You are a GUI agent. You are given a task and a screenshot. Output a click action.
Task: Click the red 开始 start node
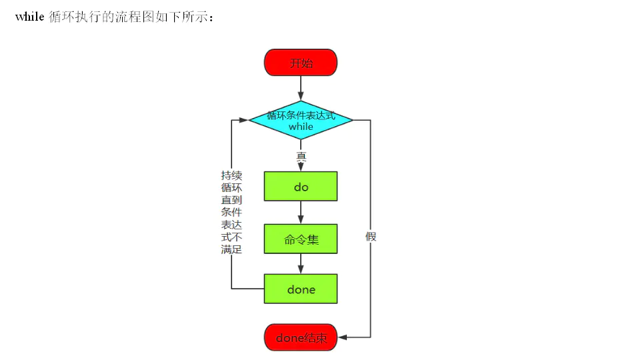(x=301, y=63)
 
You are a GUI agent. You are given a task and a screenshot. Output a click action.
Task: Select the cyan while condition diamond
(x=301, y=121)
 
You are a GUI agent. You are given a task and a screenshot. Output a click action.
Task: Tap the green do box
(x=301, y=187)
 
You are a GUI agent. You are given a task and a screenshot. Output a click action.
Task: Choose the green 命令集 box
(x=301, y=239)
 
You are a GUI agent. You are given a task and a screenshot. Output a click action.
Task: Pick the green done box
(x=301, y=289)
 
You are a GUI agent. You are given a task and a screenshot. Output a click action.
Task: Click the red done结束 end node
(x=301, y=338)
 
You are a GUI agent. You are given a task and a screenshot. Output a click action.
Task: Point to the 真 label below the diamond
(x=301, y=157)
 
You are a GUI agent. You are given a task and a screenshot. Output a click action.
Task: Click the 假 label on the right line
(x=371, y=236)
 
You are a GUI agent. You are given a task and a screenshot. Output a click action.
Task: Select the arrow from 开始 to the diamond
(x=301, y=88)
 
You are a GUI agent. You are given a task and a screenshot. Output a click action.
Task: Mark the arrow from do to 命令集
(x=301, y=213)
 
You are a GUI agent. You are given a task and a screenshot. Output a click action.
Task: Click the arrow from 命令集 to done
(x=301, y=264)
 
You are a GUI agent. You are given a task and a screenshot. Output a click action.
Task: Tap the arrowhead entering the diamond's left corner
(x=244, y=121)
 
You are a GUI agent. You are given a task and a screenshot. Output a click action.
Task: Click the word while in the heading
(x=29, y=17)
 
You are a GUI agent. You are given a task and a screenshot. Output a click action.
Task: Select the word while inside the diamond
(x=301, y=127)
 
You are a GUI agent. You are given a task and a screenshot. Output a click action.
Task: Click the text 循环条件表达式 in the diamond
(x=301, y=116)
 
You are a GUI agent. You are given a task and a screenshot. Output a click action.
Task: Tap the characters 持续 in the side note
(x=231, y=175)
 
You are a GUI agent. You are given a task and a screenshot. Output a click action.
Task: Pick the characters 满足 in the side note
(x=231, y=250)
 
